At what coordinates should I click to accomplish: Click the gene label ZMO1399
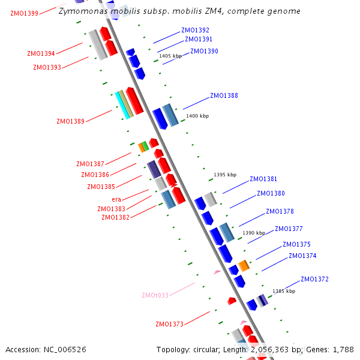(24, 13)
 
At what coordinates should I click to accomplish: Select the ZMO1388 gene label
(224, 95)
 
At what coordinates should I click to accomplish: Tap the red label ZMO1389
(71, 121)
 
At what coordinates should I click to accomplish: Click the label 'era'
(116, 199)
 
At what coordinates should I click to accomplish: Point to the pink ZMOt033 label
(155, 295)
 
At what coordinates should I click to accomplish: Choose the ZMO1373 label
(169, 325)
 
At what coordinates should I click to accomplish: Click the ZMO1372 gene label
(314, 279)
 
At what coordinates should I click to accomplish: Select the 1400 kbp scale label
(197, 116)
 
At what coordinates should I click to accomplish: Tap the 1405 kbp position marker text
(170, 56)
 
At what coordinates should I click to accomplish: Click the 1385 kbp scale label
(284, 291)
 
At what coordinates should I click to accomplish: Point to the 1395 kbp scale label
(225, 175)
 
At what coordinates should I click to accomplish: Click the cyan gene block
(122, 106)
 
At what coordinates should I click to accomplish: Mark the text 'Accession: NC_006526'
(46, 349)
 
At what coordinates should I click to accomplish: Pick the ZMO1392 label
(195, 30)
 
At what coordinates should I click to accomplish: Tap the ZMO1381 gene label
(263, 179)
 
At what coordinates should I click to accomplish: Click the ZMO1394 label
(41, 53)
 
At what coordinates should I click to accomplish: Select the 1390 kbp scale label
(254, 233)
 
